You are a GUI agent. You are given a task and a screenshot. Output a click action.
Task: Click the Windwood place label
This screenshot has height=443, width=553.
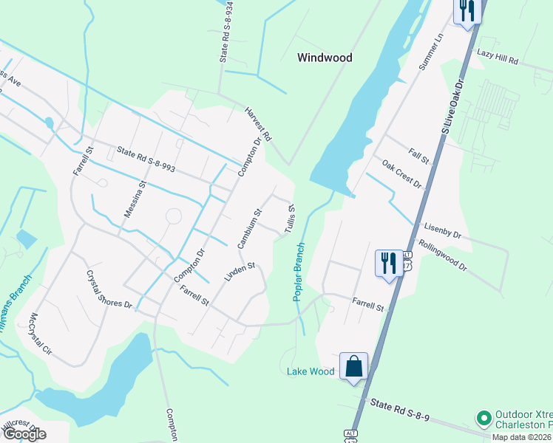tap(325, 57)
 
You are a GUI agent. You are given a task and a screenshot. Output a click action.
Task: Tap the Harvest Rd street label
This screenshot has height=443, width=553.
tap(259, 124)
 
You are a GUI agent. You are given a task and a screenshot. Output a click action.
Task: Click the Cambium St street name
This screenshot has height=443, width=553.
tap(250, 228)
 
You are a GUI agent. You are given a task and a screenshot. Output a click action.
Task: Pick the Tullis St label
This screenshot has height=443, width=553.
tap(285, 217)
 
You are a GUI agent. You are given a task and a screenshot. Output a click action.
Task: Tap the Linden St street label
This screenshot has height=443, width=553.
tap(240, 272)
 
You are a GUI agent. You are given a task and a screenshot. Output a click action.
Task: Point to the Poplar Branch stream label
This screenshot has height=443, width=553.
tap(299, 271)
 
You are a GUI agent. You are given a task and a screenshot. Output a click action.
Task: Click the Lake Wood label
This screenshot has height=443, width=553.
tap(311, 371)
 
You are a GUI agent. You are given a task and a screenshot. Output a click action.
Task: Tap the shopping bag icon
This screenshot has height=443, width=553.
tap(354, 365)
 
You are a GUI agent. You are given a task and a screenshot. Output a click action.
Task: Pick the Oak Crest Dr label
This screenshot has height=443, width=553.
tap(401, 174)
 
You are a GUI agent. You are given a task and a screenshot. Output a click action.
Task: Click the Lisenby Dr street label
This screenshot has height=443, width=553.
tap(442, 230)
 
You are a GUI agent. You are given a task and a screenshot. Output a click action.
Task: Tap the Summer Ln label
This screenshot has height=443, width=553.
tap(430, 51)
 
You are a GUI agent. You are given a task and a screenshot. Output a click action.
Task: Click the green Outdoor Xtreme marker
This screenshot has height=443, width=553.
tap(484, 419)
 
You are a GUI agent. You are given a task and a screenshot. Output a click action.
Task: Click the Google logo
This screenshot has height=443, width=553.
tap(24, 434)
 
